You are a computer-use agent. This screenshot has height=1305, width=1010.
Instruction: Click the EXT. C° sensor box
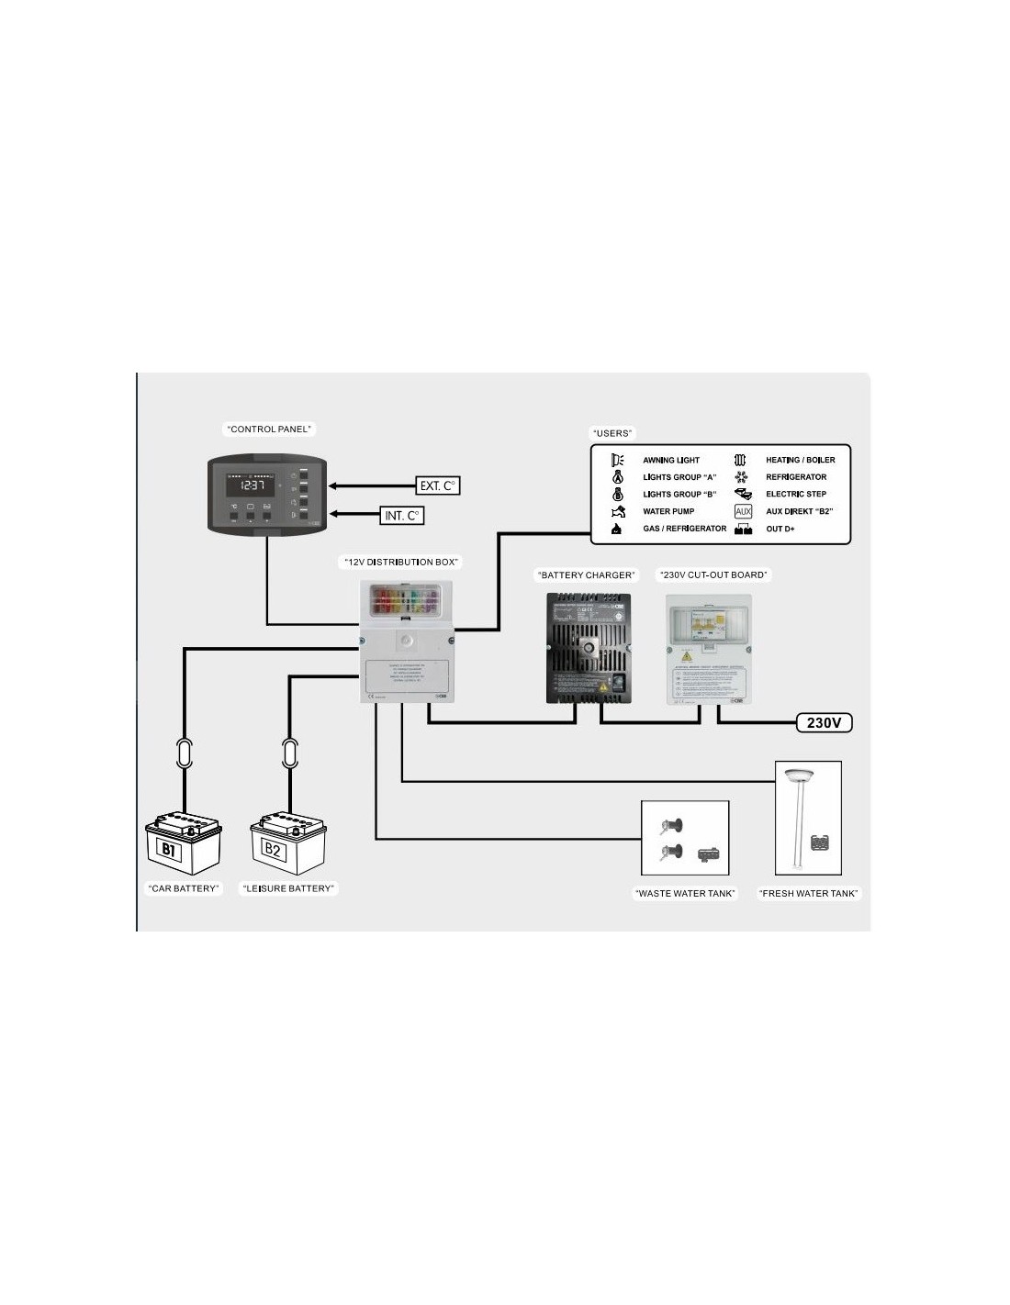click(x=438, y=485)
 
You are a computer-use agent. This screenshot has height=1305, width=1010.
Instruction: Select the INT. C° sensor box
click(x=402, y=516)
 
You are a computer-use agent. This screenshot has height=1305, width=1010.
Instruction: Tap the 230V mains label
click(x=824, y=723)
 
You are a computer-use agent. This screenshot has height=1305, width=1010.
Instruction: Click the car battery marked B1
click(x=183, y=842)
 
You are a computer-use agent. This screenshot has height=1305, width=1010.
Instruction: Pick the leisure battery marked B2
click(x=287, y=842)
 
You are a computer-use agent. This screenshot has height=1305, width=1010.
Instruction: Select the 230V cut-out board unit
click(x=708, y=649)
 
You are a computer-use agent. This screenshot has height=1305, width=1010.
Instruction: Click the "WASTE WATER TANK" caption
click(x=685, y=893)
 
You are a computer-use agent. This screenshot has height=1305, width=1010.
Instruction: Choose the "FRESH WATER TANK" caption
click(x=808, y=893)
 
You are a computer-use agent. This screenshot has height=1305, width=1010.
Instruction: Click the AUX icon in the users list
click(x=743, y=511)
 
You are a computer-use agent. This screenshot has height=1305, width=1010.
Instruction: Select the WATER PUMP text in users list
click(x=668, y=511)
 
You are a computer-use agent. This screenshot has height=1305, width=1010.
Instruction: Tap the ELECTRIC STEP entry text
click(x=796, y=494)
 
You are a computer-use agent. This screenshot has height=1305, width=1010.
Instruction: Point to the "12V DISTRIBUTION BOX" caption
click(x=401, y=562)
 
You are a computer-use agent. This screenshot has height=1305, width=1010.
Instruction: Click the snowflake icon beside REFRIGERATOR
click(x=742, y=477)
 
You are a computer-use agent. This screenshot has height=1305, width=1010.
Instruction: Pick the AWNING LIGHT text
click(x=671, y=460)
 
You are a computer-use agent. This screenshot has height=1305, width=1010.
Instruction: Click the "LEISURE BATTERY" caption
click(x=288, y=888)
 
